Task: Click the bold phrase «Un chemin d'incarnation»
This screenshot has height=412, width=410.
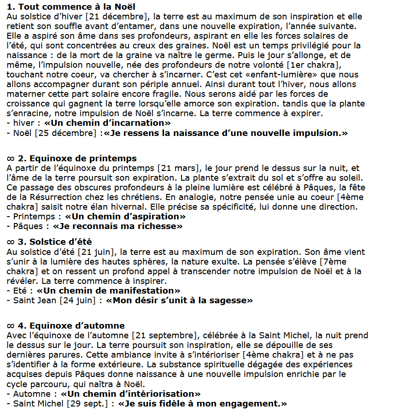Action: point(107,123)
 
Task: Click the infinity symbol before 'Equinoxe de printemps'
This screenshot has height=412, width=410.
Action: point(11,159)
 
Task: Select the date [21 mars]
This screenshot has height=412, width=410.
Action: point(178,168)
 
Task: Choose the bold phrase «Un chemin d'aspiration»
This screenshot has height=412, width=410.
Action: point(125,217)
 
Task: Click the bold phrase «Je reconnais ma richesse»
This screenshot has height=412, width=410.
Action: point(118,226)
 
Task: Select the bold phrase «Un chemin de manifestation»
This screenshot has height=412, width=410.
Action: point(109,291)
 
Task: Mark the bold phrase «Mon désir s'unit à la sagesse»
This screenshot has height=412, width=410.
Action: point(179,300)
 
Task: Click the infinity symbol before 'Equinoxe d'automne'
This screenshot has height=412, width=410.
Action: point(11,326)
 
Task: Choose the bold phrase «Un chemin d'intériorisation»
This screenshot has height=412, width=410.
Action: point(131,394)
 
